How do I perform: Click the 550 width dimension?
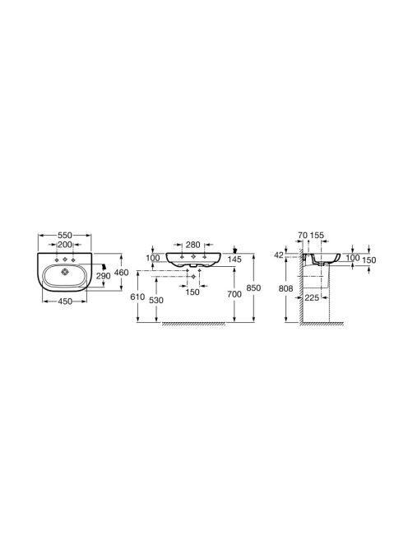[65, 236]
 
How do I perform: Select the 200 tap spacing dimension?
[65, 245]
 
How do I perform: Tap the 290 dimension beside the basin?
[103, 276]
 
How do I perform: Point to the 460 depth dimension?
[121, 272]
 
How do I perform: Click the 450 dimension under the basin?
[65, 301]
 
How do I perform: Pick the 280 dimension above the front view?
[192, 245]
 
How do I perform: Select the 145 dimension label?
[234, 259]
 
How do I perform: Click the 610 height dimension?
[137, 297]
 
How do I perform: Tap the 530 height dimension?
[155, 300]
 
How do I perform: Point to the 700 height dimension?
[234, 294]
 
